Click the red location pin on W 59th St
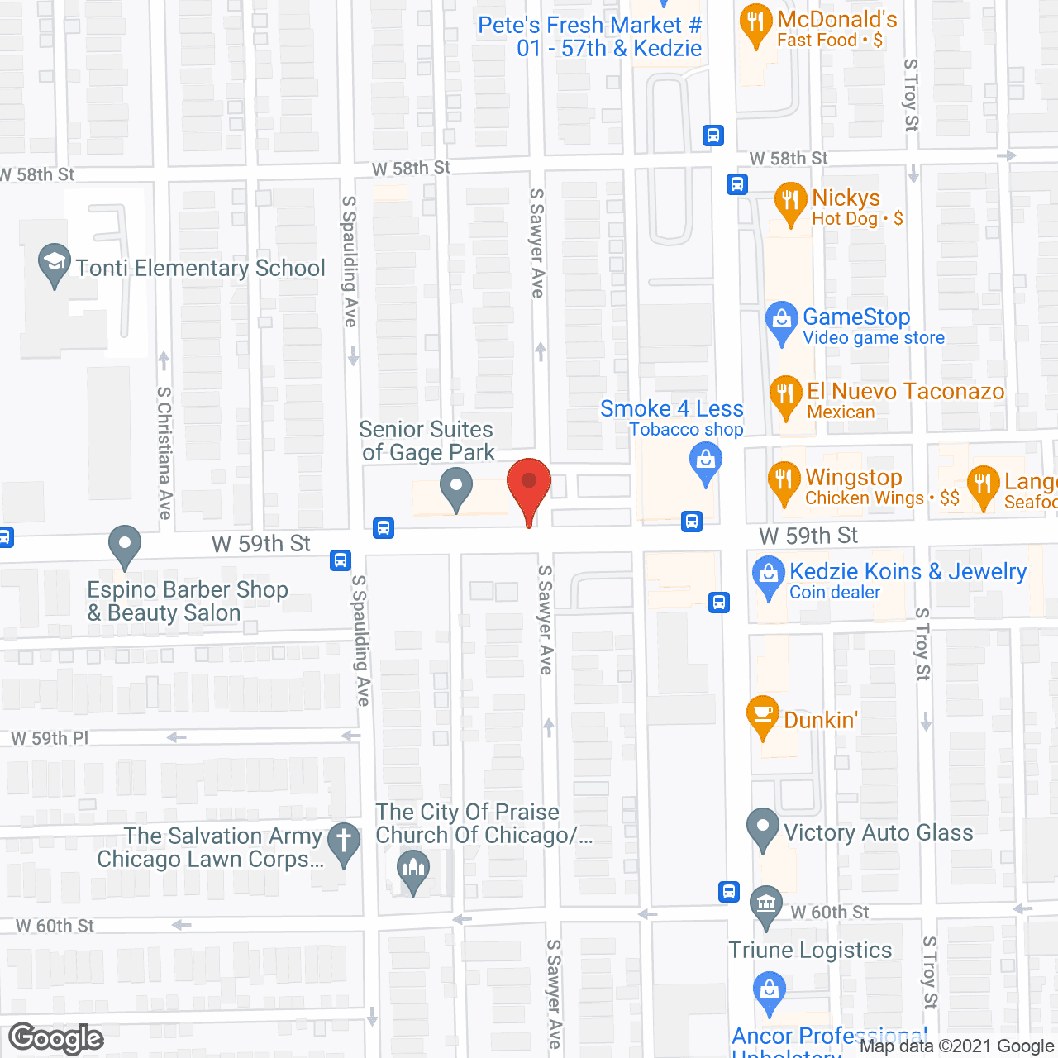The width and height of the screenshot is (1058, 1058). point(528,484)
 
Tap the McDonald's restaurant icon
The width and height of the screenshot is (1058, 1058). point(755,24)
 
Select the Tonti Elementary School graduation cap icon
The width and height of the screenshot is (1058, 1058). point(55,263)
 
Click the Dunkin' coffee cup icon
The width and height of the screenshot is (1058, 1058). point(762,714)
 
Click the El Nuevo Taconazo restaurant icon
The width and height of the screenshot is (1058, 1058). point(785,395)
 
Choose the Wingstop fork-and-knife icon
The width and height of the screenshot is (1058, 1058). point(784,481)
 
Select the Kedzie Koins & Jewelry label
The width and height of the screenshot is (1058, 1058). point(908,580)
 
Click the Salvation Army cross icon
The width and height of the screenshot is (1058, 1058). point(344,842)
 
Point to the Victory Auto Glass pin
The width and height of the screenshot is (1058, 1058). point(762,827)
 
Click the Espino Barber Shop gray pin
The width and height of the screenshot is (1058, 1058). point(125,546)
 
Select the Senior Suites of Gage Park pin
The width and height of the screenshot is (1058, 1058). point(455,487)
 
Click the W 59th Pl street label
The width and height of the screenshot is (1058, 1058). point(50,738)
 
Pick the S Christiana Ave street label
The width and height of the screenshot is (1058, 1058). point(165,453)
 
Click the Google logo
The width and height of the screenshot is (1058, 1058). point(56,1038)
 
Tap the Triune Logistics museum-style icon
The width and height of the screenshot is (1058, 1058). point(766,903)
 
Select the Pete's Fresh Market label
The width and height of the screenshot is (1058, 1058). point(589,36)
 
